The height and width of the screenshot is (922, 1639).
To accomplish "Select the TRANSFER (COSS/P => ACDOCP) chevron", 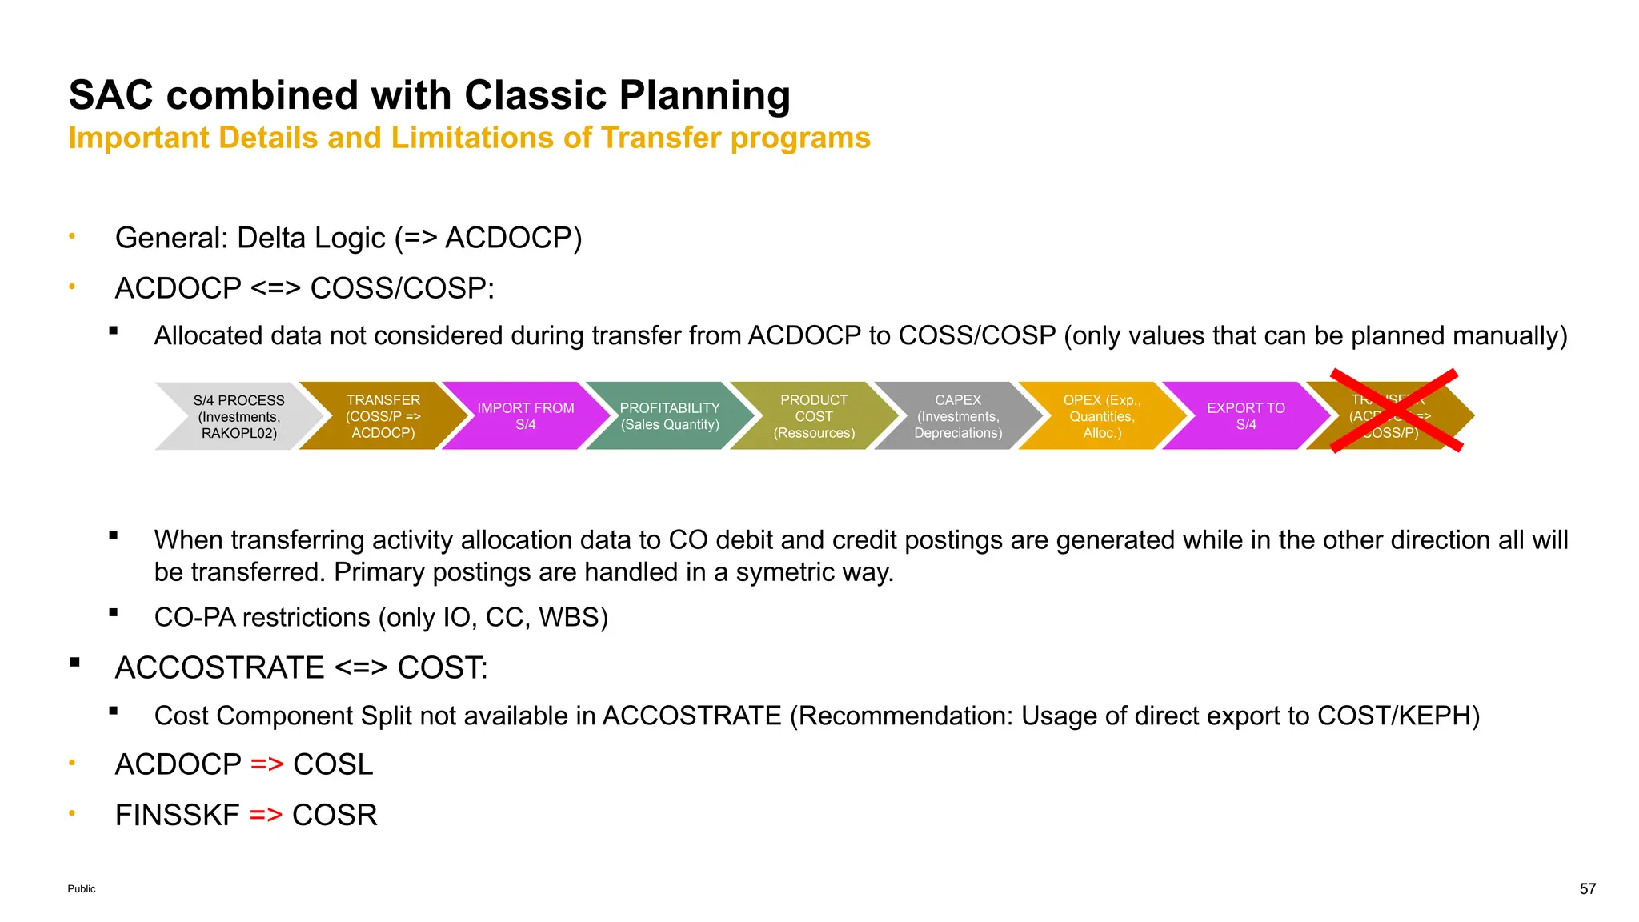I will [383, 416].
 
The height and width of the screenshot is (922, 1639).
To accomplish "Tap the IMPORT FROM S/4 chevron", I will [526, 416].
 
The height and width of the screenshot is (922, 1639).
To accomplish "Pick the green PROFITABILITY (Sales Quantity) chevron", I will [670, 416].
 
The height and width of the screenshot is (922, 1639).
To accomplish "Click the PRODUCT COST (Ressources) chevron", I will [814, 416].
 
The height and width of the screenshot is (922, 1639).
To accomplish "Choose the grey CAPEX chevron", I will [958, 416].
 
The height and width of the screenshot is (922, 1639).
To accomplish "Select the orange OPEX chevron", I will [1102, 416].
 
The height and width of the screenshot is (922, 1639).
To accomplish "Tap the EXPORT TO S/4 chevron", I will [1246, 416].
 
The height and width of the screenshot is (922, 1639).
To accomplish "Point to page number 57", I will [1587, 888].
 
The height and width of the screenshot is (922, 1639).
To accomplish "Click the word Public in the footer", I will [82, 888].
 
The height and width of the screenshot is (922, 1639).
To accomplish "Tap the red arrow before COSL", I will [266, 764].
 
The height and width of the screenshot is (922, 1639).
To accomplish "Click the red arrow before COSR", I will [266, 815].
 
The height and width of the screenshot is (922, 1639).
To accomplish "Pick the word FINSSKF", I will [177, 815].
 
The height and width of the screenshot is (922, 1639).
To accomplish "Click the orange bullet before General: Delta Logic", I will [72, 236].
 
